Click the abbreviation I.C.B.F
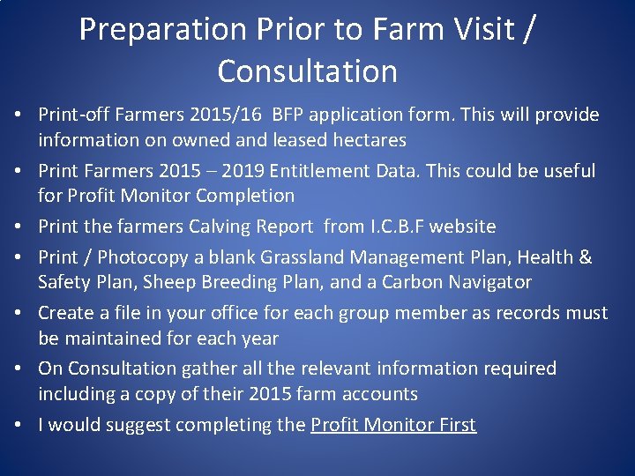pos(403,227)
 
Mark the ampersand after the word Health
pos(585,257)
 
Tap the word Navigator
pos(491,282)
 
